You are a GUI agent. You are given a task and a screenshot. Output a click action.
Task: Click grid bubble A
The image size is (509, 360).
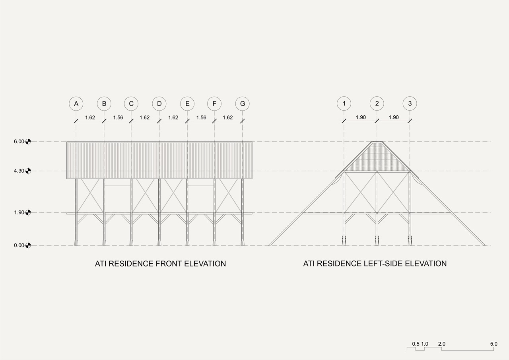click(76, 104)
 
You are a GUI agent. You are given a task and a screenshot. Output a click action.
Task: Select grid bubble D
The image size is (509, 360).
click(159, 104)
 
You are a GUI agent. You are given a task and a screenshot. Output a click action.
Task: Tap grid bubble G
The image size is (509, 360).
click(242, 104)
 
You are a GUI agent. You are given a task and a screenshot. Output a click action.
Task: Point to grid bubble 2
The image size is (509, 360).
click(377, 104)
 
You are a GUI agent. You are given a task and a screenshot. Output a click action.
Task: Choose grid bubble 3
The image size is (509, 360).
click(410, 104)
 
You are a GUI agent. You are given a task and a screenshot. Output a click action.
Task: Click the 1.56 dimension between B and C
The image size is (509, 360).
click(118, 117)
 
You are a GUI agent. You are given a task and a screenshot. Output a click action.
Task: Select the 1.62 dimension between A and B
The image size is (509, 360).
click(90, 117)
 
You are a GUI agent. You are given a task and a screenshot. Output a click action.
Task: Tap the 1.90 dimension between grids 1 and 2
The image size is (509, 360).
click(360, 117)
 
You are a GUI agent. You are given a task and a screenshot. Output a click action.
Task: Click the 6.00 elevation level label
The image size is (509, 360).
click(19, 141)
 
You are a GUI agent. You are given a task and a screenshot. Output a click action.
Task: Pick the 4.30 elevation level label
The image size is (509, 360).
click(19, 171)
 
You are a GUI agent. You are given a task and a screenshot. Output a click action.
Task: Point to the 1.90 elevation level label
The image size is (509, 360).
click(19, 212)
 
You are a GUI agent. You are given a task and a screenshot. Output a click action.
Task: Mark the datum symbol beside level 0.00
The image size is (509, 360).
click(28, 245)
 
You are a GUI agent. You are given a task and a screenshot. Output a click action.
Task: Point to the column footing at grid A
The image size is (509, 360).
click(76, 242)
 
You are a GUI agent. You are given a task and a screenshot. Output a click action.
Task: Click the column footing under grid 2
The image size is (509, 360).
click(377, 241)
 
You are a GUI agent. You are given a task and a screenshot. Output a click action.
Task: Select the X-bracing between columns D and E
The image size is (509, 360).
click(173, 195)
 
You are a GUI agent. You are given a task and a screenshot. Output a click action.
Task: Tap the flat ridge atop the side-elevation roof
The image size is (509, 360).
click(377, 142)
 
